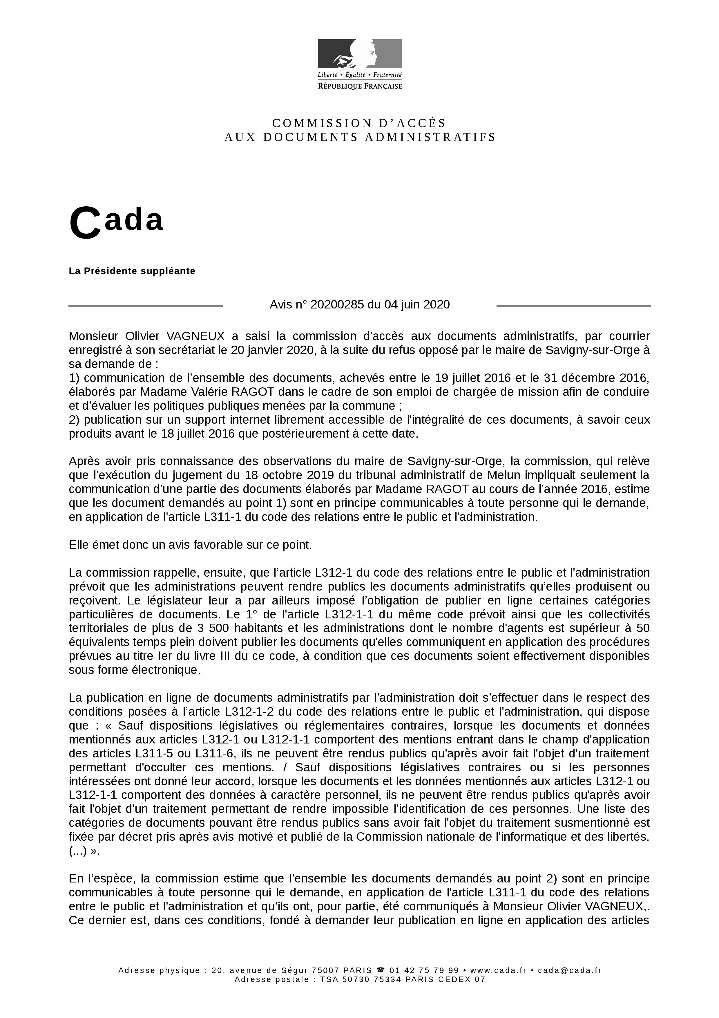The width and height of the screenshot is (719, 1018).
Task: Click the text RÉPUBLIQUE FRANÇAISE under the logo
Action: (360, 86)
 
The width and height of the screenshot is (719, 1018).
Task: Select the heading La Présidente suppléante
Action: (132, 271)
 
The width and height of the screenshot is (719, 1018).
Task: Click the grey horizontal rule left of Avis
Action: (145, 306)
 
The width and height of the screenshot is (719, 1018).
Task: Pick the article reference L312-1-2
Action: (249, 712)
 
